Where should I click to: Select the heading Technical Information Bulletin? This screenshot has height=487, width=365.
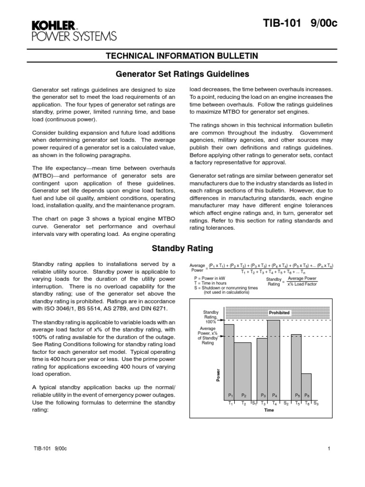point(182,56)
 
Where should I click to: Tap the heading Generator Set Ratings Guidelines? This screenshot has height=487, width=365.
point(182,74)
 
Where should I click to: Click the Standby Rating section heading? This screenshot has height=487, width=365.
point(182,248)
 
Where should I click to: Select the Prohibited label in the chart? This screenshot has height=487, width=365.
point(279,312)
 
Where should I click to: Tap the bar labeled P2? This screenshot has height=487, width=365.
point(243,369)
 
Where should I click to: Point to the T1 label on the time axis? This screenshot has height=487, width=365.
point(231,403)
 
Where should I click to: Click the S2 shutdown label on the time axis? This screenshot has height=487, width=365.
point(286,403)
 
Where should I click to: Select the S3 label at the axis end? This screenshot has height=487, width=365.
point(316,403)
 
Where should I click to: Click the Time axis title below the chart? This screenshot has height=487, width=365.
point(269,409)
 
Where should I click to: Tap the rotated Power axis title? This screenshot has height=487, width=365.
point(219,375)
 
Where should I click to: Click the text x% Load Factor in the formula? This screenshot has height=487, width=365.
point(303,284)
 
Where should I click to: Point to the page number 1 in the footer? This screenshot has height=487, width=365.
point(329,448)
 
